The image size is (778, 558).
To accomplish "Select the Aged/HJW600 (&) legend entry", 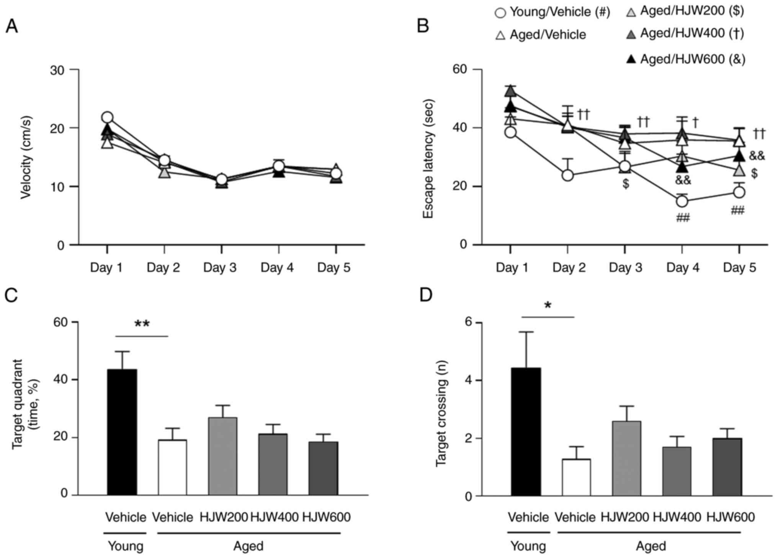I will (x=685, y=59).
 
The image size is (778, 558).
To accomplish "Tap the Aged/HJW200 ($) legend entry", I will (x=685, y=11).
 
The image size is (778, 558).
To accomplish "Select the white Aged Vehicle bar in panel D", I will (x=576, y=477).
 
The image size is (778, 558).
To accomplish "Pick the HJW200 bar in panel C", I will (x=222, y=456).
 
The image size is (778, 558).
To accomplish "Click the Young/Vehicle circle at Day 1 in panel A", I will (x=107, y=117).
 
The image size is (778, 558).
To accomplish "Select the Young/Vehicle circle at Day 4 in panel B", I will (x=682, y=201).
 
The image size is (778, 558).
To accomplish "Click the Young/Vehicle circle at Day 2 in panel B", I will (x=567, y=176).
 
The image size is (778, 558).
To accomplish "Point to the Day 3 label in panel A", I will (x=220, y=267).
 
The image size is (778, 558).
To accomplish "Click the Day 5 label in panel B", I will (x=739, y=267).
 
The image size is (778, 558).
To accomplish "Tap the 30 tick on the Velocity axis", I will (x=57, y=70).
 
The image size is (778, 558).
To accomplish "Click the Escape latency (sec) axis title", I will (x=428, y=159).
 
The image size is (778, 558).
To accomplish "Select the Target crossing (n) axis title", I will (x=441, y=413).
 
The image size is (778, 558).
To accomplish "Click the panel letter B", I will (x=423, y=26).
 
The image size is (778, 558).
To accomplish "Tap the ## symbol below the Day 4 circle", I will (x=683, y=218).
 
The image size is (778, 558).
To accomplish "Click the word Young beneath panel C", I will (x=125, y=546).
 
